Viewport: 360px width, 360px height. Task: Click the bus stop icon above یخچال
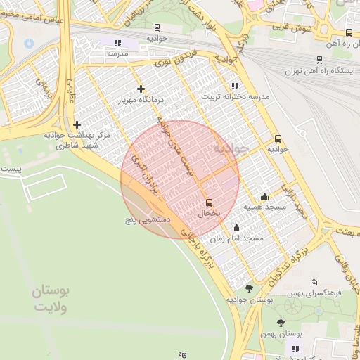(x=209, y=202)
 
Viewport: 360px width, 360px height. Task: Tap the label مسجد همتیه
(x=264, y=207)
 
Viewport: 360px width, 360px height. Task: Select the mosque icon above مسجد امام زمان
(x=236, y=228)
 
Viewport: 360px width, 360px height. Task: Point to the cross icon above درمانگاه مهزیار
(x=141, y=89)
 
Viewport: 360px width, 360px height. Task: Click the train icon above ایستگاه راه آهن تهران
(x=320, y=60)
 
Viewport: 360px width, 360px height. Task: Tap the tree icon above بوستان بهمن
(x=281, y=323)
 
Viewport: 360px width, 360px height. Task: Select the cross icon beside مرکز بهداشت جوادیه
(x=77, y=124)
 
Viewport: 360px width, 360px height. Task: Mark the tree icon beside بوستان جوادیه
(x=249, y=288)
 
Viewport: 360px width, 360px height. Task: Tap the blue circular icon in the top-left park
(x=29, y=43)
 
